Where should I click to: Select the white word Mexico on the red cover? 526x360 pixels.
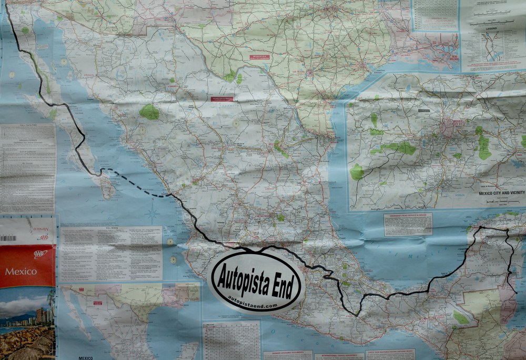click(21, 272)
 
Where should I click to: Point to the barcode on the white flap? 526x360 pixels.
click(8, 238)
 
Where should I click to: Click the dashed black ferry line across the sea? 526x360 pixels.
click(134, 182)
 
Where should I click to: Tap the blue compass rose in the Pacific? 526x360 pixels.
click(153, 214)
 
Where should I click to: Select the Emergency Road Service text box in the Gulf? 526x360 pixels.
click(408, 224)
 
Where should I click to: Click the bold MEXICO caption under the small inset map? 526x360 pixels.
click(85, 357)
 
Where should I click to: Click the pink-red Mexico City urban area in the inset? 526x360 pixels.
click(451, 126)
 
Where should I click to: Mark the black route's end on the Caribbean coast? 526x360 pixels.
click(516, 292)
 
